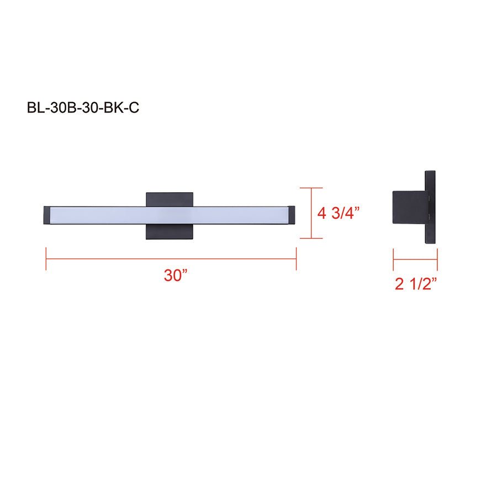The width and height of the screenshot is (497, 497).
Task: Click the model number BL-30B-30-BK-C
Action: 83,107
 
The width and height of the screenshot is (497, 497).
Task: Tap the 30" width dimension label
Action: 176,276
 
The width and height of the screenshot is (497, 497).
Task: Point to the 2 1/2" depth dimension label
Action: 415,284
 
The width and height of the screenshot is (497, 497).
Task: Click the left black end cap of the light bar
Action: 47,215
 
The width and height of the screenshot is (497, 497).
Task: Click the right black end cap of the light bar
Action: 292,215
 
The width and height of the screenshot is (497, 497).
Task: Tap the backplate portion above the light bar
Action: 170,199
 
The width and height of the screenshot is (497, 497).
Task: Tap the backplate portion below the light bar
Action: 170,232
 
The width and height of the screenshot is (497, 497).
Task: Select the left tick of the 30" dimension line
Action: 46,258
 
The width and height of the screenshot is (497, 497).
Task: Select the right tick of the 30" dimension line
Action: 297,258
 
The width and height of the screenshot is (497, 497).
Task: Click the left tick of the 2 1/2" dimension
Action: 393,258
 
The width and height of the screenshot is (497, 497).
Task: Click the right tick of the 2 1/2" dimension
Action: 437,258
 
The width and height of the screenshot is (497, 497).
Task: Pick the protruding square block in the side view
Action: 409,208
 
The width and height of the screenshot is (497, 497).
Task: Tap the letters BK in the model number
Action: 114,107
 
